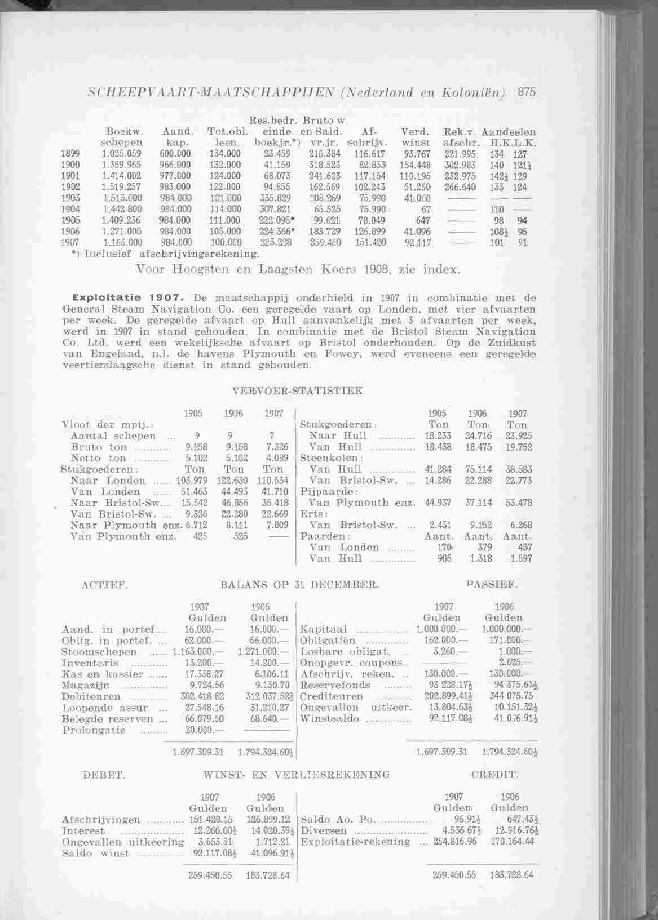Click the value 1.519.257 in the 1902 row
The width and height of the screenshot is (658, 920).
[x=117, y=187]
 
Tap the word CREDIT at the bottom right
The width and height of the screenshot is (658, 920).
[x=495, y=776]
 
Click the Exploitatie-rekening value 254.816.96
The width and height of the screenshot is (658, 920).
[x=455, y=842]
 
